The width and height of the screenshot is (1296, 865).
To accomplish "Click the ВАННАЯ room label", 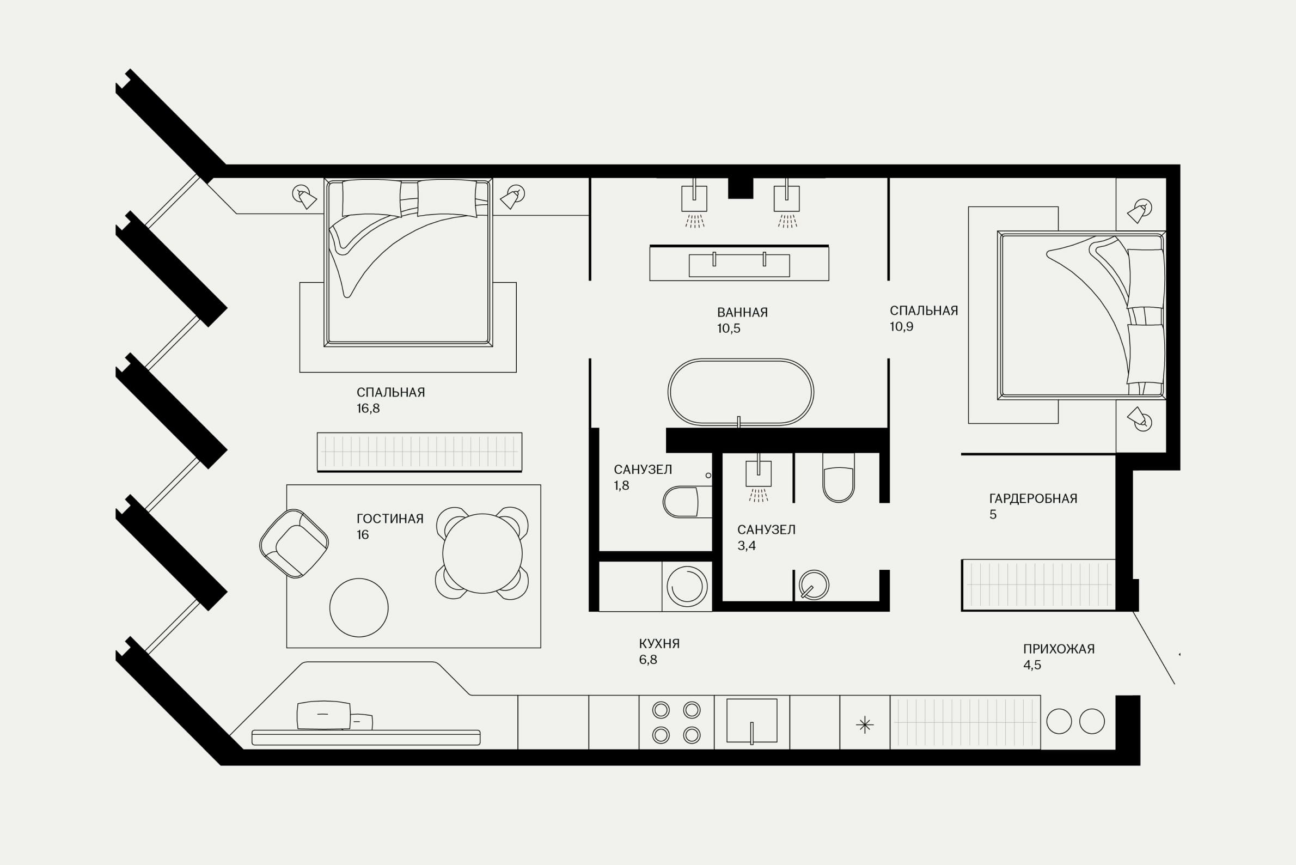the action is tap(742, 312).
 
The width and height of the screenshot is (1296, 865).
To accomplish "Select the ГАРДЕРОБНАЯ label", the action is tap(1033, 499).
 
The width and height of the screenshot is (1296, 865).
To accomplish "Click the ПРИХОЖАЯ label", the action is tap(1059, 649).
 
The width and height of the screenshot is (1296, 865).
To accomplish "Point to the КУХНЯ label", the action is tap(659, 643).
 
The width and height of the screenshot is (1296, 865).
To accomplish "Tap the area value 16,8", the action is tap(368, 408).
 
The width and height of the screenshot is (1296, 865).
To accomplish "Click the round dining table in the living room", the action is tap(482, 553).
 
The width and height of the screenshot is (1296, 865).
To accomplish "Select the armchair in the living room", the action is tap(294, 544).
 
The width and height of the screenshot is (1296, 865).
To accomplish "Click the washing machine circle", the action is tap(687, 586).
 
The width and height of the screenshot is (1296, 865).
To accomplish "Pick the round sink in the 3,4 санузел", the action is tap(814, 585).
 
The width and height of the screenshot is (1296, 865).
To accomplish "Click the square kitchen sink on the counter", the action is tap(751, 721).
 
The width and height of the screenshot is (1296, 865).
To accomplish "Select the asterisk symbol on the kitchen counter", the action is tap(865, 725).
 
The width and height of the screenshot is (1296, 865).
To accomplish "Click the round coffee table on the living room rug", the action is tap(359, 607).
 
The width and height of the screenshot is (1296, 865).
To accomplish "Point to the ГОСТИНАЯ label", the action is tap(390, 519).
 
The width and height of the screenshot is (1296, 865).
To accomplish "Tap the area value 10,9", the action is tap(901, 327).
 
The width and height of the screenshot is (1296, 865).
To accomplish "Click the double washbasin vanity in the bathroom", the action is tap(739, 263).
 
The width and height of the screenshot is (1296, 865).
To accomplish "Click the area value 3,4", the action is tap(746, 546).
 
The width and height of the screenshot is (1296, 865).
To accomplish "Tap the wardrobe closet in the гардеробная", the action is tap(1038, 585).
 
